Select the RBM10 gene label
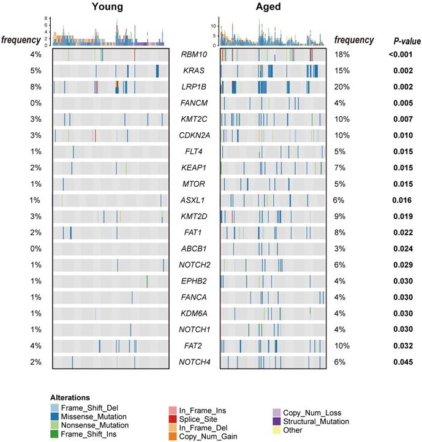[194, 55]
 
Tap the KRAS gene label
[194, 71]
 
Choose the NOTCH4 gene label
[194, 362]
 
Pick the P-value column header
[406, 40]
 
